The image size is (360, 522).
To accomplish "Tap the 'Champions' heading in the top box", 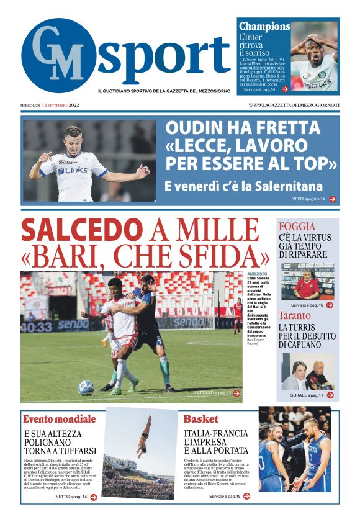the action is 264,27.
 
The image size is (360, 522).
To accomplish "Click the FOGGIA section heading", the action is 297,227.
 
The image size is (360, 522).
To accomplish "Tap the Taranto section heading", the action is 295,315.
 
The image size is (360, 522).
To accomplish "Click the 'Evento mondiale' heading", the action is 60,418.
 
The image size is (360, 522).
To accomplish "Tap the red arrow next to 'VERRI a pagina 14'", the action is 333,199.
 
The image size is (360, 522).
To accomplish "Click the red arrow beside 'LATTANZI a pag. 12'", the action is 236,393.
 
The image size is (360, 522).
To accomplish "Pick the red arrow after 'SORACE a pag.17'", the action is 330,395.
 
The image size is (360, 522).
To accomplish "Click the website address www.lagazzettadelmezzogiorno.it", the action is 294,105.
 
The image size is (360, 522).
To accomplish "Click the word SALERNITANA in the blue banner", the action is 289,186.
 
